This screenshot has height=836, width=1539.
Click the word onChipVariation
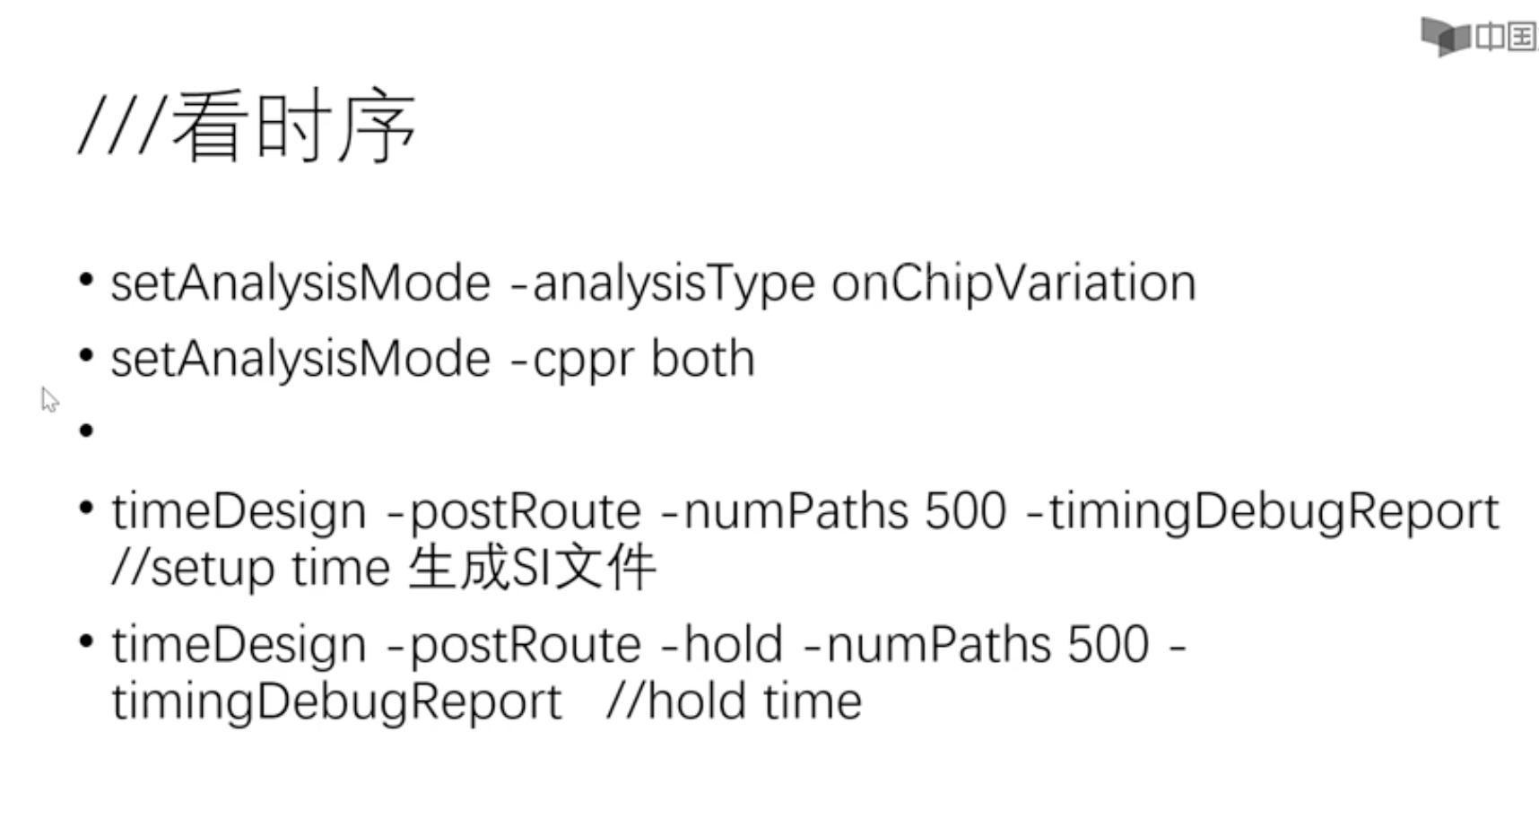pos(1013,284)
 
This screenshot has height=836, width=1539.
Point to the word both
pos(702,359)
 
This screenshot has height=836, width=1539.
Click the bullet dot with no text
pos(86,431)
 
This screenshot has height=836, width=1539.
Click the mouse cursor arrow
pos(49,399)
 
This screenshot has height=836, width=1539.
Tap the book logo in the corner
pos(1444,37)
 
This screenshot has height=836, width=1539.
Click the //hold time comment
pos(734,701)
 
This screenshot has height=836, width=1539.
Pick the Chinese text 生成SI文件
pos(532,569)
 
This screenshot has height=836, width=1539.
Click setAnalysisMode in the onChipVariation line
pos(300,284)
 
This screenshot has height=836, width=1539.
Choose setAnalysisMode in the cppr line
pos(300,360)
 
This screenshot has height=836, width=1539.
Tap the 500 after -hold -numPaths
pos(1108,645)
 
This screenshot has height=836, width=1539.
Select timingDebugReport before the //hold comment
pos(336,701)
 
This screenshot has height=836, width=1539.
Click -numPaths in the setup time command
pos(783,511)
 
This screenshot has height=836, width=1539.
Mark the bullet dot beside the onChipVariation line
pos(86,280)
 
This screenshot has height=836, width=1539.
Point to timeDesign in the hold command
pos(239,645)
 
